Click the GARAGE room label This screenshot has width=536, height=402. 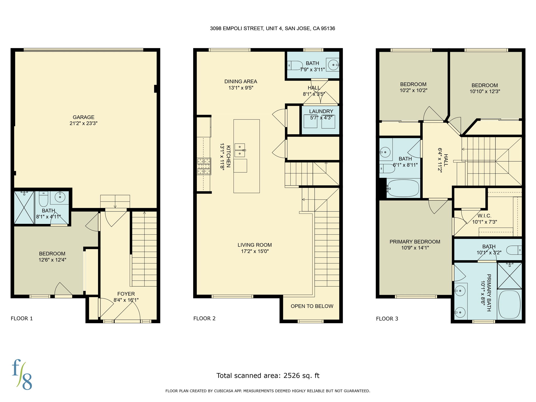pyautogui.click(x=83, y=117)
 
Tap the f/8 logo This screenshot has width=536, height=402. pyautogui.click(x=22, y=375)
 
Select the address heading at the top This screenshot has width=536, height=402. pyautogui.click(x=272, y=29)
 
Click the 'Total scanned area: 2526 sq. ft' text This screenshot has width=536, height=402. pyautogui.click(x=268, y=376)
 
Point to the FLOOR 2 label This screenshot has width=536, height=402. pyautogui.click(x=204, y=319)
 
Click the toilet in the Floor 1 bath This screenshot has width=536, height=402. pyautogui.click(x=43, y=199)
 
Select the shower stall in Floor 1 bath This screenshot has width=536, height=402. pyautogui.click(x=24, y=207)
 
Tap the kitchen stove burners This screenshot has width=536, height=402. pyautogui.click(x=204, y=166)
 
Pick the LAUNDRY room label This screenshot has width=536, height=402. pyautogui.click(x=321, y=111)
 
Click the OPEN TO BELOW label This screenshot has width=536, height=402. pyautogui.click(x=312, y=306)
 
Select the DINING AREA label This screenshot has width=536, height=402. pyautogui.click(x=241, y=81)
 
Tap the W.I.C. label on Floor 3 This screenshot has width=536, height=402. pyautogui.click(x=484, y=216)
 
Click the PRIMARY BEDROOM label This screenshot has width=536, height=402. pyautogui.click(x=415, y=242)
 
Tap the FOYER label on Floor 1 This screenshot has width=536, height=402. pyautogui.click(x=126, y=294)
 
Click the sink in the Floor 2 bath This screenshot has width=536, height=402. pyautogui.click(x=333, y=64)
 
